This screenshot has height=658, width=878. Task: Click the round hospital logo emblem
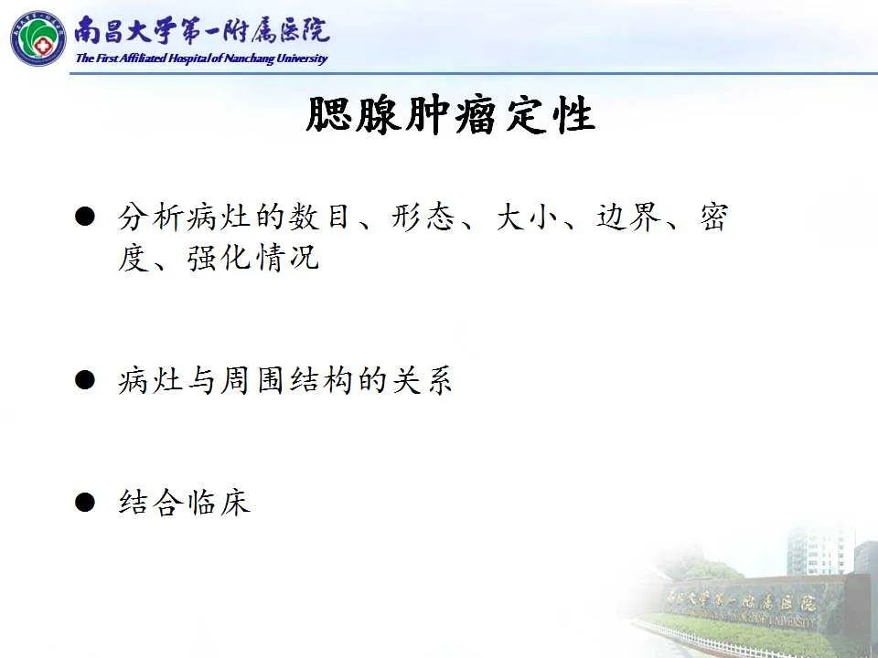(x=38, y=37)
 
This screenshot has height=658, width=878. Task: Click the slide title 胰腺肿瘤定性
(x=450, y=117)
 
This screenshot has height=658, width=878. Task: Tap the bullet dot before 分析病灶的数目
(x=85, y=218)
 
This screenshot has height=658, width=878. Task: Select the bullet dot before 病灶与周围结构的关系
(x=85, y=379)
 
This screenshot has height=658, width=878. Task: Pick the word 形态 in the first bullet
(x=422, y=218)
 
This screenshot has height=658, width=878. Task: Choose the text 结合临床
(x=184, y=502)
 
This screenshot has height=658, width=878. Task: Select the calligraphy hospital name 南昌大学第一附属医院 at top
(x=201, y=31)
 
